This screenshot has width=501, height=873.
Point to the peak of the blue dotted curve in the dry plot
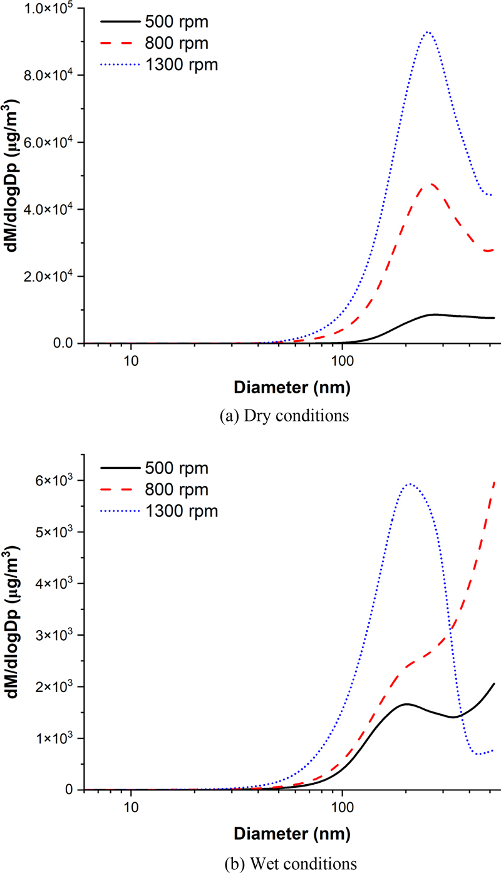pos(428,32)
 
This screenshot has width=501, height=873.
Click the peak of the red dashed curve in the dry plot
pos(430,184)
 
